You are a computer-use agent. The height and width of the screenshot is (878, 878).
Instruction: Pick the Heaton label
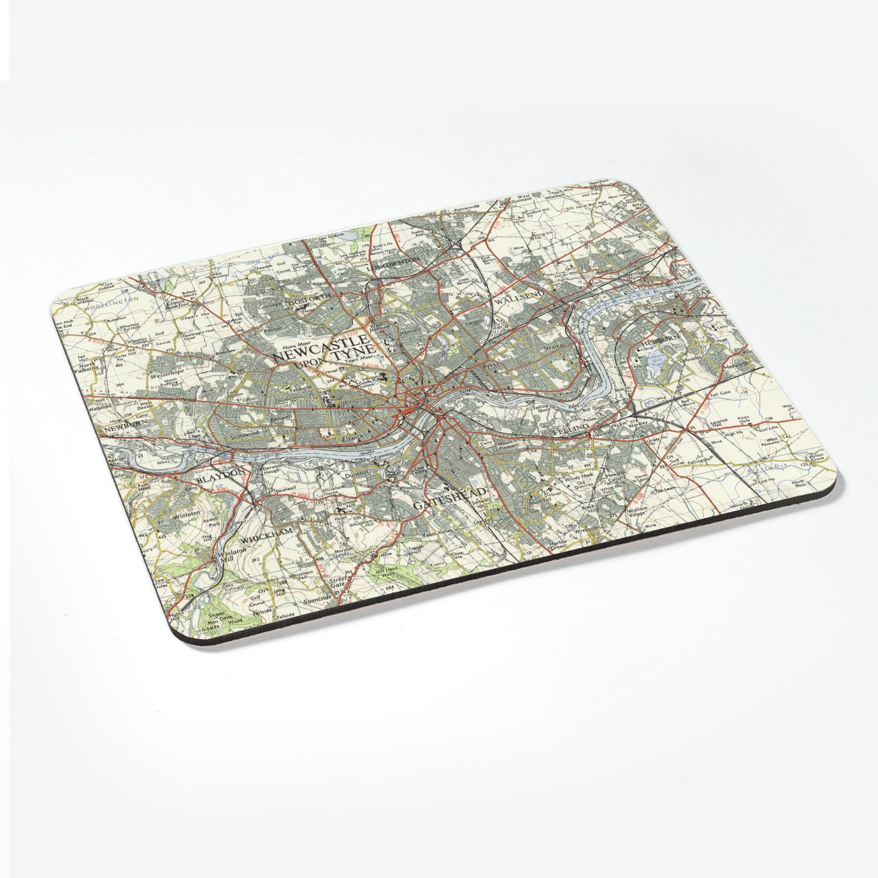tap(474, 322)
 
